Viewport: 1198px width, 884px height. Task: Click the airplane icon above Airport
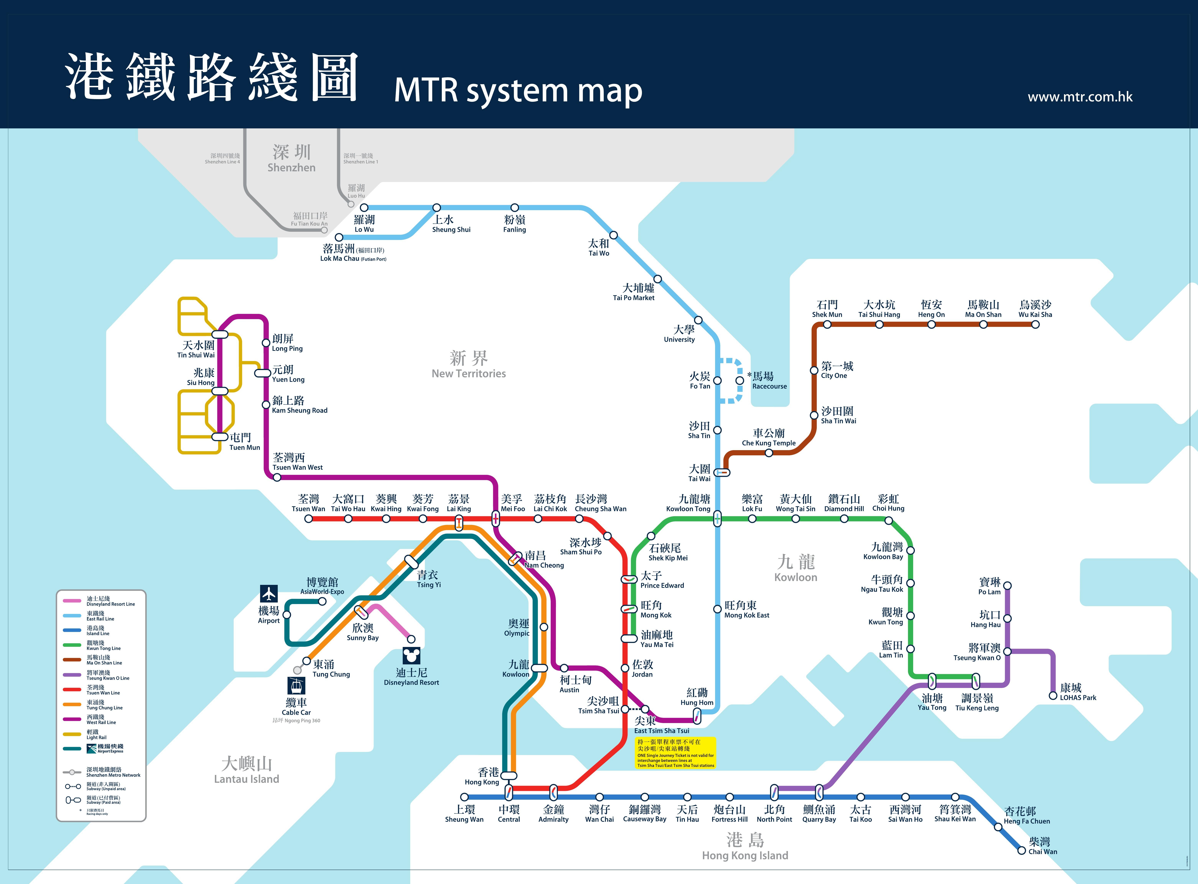[x=269, y=593]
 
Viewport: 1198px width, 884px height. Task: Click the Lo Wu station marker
[x=364, y=208]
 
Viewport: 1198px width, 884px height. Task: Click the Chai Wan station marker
[x=1021, y=851]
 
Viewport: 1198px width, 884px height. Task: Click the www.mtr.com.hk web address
[x=1080, y=97]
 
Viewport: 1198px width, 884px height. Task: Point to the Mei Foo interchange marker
[x=496, y=519]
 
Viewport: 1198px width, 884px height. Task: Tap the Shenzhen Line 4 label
[x=222, y=158]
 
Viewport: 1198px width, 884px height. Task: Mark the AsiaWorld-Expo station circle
[x=322, y=602]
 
